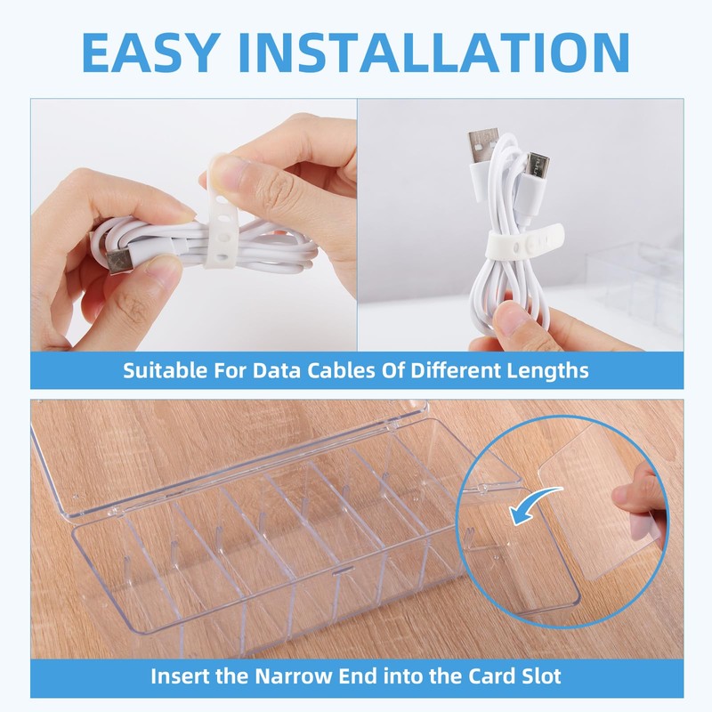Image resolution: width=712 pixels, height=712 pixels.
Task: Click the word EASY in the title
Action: tap(149, 53)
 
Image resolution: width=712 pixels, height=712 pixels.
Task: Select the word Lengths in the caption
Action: tap(547, 371)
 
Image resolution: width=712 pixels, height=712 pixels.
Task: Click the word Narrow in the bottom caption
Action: tap(294, 676)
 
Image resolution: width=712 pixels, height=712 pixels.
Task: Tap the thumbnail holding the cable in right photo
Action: tap(511, 318)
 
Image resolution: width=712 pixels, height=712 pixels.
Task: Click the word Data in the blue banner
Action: tap(277, 370)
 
